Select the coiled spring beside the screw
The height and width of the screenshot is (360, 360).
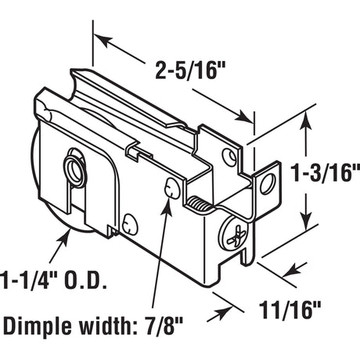coord(201,206)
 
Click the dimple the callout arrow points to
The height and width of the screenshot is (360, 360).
coord(172,189)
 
